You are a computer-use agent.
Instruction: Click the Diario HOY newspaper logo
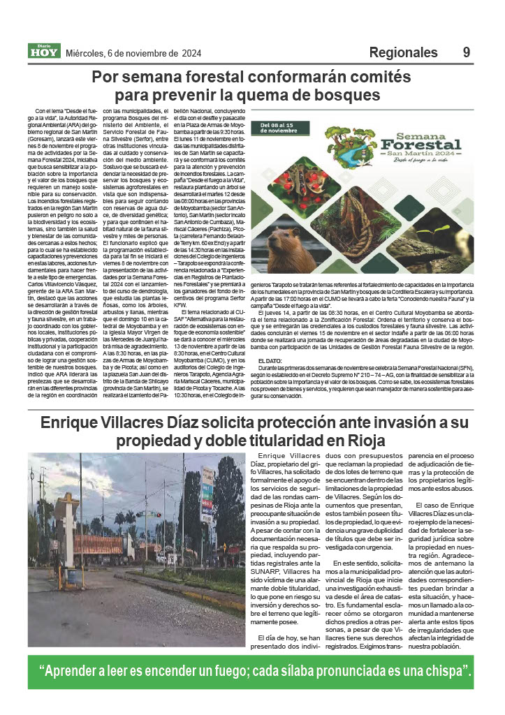point(43,51)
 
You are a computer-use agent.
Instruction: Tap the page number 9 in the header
point(466,52)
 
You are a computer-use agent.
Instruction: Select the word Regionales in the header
point(403,52)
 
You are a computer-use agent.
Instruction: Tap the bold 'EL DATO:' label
point(270,360)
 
